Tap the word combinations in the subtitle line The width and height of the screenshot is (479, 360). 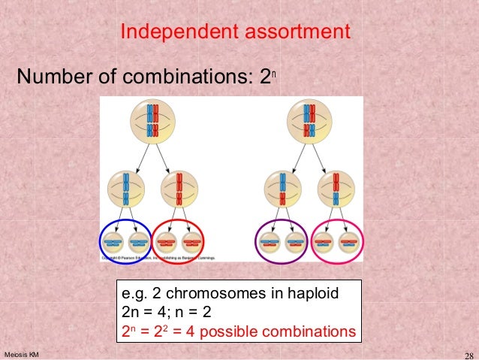tap(192, 77)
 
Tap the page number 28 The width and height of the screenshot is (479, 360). tap(465, 355)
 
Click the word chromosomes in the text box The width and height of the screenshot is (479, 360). tap(212, 292)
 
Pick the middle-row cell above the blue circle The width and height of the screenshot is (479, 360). tap(125, 189)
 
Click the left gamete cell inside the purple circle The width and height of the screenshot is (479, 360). tap(270, 241)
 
